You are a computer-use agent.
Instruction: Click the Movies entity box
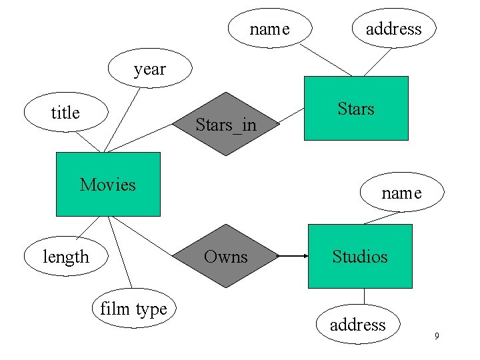[x=108, y=184]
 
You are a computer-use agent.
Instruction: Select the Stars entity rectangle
[x=356, y=108]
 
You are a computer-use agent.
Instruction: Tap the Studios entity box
[x=360, y=256]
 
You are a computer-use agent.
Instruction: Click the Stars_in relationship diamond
[x=225, y=124]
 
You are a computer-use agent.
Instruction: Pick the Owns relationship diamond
[x=225, y=256]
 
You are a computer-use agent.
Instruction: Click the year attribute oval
[x=149, y=69]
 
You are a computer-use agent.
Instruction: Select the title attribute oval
[x=65, y=113]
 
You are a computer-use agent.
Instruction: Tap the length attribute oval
[x=65, y=257]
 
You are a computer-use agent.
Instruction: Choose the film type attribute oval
[x=133, y=309]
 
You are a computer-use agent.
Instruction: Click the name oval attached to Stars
[x=269, y=29]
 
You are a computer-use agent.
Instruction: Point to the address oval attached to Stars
[x=393, y=29]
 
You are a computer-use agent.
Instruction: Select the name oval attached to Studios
[x=401, y=193]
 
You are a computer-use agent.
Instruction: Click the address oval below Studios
[x=358, y=325]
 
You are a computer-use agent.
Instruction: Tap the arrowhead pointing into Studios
[x=305, y=256]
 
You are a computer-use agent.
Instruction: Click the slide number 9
[x=437, y=336]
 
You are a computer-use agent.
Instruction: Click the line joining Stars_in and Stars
[x=291, y=117]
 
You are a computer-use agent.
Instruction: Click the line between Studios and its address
[x=364, y=297]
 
